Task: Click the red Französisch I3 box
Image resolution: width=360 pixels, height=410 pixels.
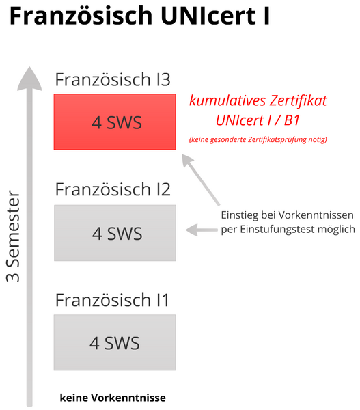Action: pyautogui.click(x=115, y=122)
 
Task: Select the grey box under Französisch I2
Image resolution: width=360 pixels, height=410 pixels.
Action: pyautogui.click(x=115, y=233)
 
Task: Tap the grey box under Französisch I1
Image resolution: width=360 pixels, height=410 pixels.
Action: pyautogui.click(x=115, y=342)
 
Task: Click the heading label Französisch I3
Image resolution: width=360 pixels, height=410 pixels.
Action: pyautogui.click(x=113, y=79)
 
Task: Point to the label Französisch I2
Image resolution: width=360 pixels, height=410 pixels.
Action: pyautogui.click(x=113, y=189)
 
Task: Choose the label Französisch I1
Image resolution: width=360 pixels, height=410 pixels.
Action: pyautogui.click(x=112, y=300)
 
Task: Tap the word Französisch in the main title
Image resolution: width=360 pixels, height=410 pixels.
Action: pyautogui.click(x=81, y=15)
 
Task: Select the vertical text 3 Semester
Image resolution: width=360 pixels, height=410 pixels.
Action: pyautogui.click(x=13, y=236)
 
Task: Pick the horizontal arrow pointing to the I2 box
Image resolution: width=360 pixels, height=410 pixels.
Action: pyautogui.click(x=202, y=230)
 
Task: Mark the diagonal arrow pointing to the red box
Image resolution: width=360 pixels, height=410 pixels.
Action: pyautogui.click(x=201, y=179)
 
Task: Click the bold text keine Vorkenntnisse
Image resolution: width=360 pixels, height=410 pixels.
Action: pyautogui.click(x=113, y=398)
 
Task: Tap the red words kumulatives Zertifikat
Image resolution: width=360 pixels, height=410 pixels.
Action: pyautogui.click(x=258, y=100)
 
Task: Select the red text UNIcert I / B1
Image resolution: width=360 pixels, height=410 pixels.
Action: pyautogui.click(x=258, y=120)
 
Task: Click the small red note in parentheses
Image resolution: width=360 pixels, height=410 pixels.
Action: pyautogui.click(x=258, y=139)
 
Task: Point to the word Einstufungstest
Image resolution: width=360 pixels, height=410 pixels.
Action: pyautogui.click(x=277, y=230)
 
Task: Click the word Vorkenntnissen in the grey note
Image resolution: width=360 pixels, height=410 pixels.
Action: pyautogui.click(x=316, y=215)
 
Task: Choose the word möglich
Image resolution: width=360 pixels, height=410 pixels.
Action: pyautogui.click(x=336, y=230)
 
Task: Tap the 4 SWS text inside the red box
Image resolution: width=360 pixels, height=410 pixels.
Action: pyautogui.click(x=117, y=122)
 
